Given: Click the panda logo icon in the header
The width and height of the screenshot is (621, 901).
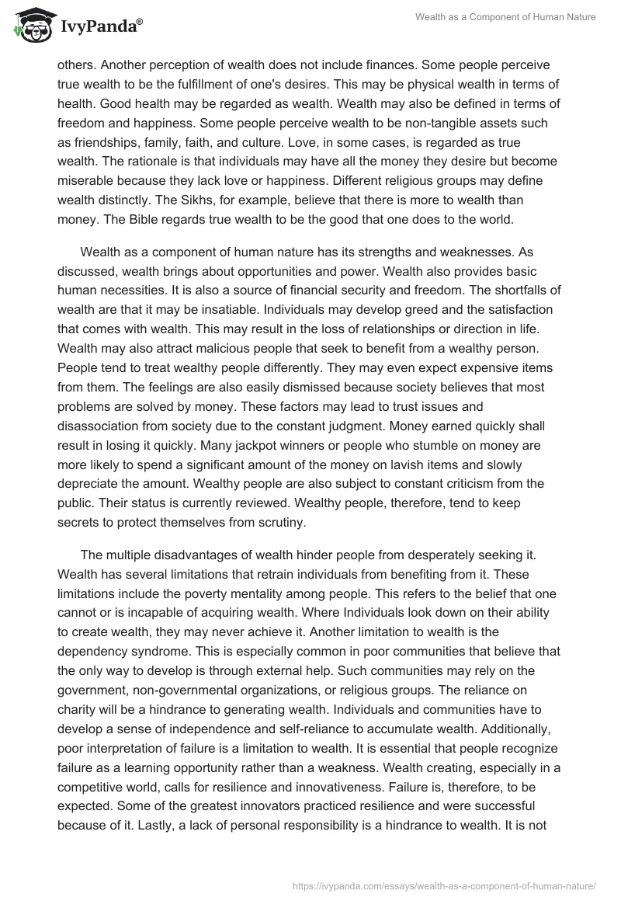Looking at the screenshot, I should pyautogui.click(x=32, y=23).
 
